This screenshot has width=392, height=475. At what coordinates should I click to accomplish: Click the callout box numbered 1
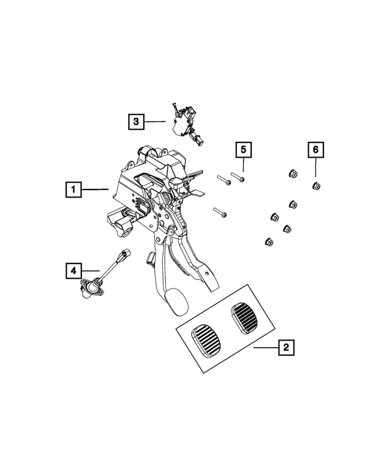73,190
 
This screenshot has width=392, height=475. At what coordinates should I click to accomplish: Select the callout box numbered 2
287,347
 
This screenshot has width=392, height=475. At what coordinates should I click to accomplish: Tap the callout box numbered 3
136,122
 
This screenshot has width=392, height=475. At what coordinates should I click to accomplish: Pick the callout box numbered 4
73,271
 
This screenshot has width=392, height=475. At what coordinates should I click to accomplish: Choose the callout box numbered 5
244,150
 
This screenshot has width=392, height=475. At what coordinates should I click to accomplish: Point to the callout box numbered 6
316,150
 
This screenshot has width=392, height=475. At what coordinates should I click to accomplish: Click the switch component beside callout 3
186,125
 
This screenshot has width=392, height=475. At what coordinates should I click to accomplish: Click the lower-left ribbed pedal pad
206,339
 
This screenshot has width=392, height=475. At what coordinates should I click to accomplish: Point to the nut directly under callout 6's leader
316,185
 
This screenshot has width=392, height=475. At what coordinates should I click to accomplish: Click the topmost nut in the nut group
293,174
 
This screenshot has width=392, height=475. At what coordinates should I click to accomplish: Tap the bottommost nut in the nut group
269,241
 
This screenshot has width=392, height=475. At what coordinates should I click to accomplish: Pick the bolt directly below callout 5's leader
238,177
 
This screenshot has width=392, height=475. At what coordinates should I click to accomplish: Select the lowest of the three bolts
220,212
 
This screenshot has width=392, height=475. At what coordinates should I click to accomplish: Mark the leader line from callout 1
95,190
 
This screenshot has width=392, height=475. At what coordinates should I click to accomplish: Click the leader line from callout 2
266,348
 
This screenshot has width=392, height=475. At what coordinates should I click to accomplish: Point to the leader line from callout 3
155,122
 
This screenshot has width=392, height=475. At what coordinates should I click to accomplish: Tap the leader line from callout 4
91,271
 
